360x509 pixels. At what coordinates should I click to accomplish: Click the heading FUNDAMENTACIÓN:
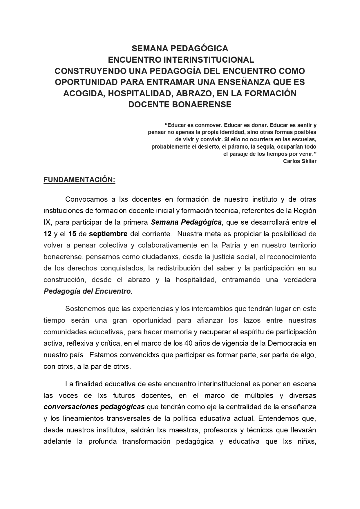pyautogui.click(x=79, y=180)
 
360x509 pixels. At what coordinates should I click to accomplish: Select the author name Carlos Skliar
pyautogui.click(x=300, y=161)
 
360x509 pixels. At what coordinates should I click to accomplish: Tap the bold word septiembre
pyautogui.click(x=108, y=234)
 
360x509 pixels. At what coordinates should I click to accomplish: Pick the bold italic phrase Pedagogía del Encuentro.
pyautogui.click(x=88, y=291)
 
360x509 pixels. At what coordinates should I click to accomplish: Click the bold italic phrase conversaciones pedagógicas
pyautogui.click(x=94, y=407)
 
